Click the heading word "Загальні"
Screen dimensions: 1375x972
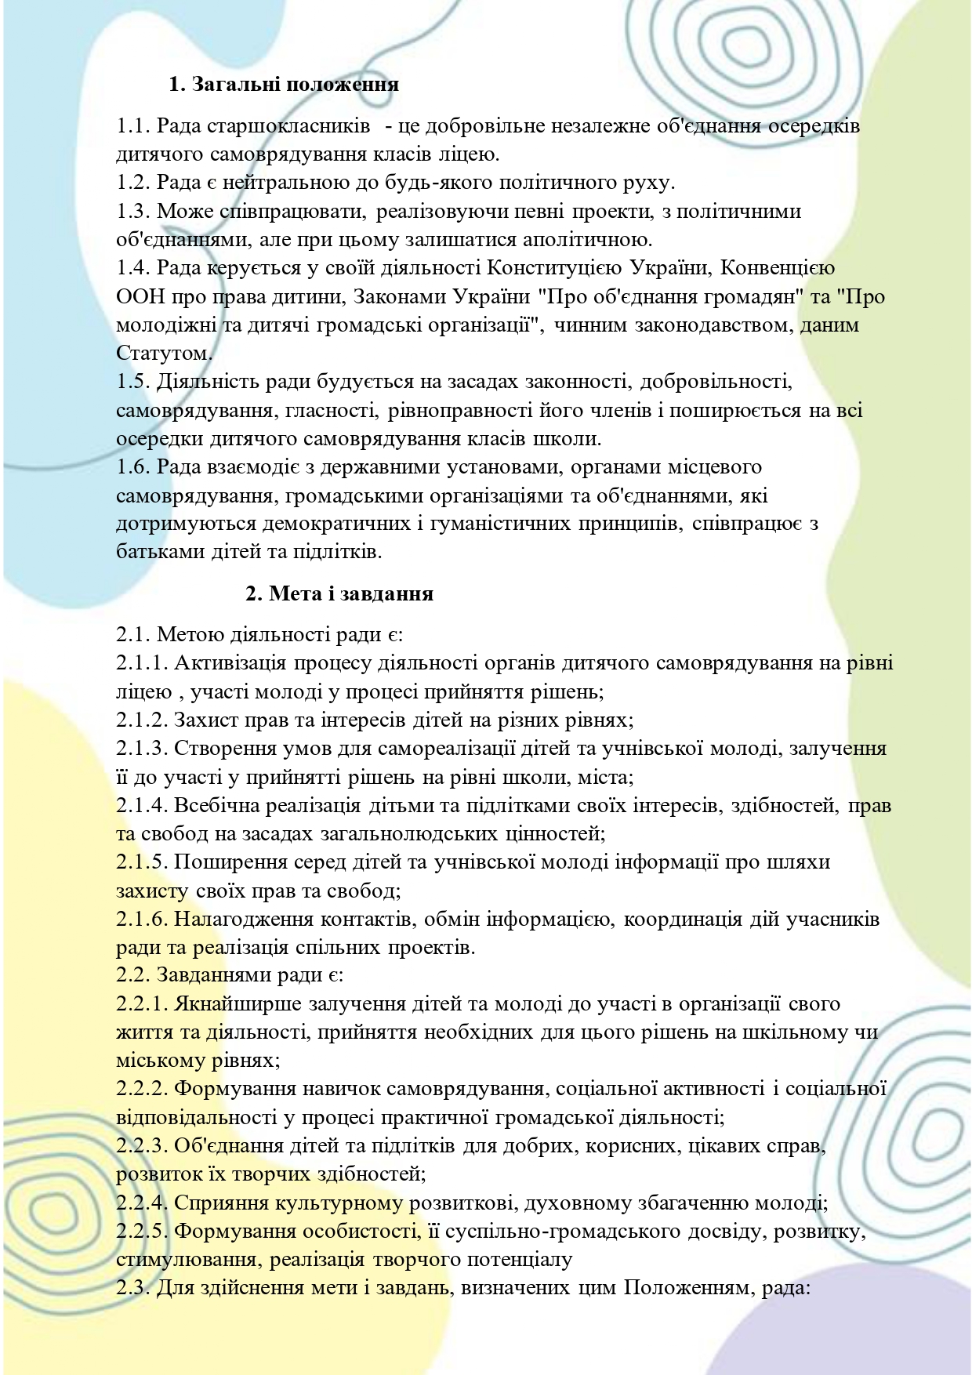[x=238, y=84]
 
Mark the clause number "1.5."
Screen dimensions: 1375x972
[x=133, y=382]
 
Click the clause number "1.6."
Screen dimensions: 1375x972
[x=133, y=467]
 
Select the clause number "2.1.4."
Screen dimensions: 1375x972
[x=142, y=805]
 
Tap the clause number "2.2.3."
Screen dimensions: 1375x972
[x=142, y=1145]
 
